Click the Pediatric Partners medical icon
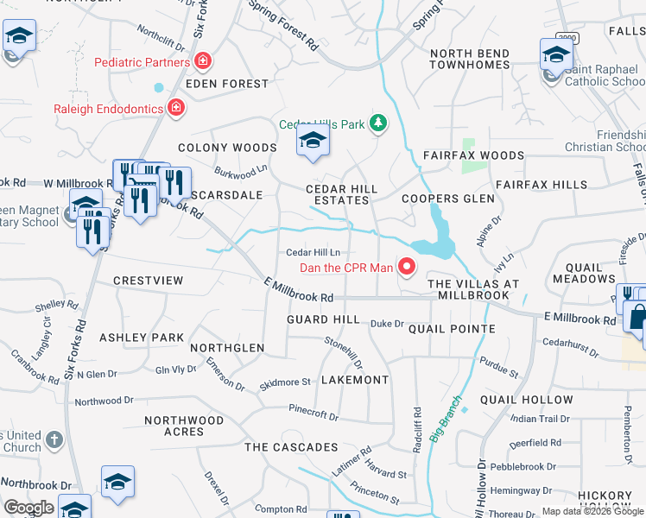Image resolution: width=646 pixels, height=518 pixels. (x=203, y=62)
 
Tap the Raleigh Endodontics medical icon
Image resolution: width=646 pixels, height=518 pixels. (x=175, y=108)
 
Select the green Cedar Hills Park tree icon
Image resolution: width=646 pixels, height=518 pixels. (x=377, y=124)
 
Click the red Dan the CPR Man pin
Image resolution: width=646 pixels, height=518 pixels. (x=406, y=267)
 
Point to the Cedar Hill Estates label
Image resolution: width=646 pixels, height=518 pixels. (x=342, y=194)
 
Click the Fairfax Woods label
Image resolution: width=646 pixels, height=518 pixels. (x=473, y=156)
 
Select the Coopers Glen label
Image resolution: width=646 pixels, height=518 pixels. (x=448, y=199)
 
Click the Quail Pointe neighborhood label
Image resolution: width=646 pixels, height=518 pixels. (x=452, y=329)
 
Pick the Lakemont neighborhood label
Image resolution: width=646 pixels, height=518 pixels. (x=354, y=380)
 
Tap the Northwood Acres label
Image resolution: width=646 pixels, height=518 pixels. (x=184, y=426)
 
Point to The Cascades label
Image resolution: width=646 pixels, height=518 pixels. (x=291, y=447)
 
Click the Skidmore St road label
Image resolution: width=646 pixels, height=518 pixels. (x=285, y=382)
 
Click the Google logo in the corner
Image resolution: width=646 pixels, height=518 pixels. (x=28, y=508)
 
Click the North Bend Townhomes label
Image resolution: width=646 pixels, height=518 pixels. (x=470, y=60)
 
